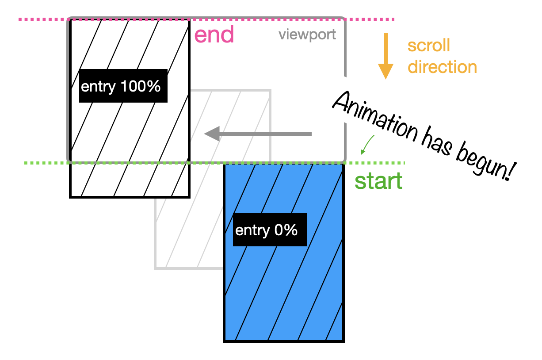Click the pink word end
[214, 35]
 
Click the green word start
[379, 181]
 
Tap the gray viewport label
[307, 35]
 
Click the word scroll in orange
[428, 46]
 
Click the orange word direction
[442, 67]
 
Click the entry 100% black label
[123, 86]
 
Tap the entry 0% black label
[269, 230]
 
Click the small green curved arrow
[367, 145]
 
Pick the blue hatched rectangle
[284, 287]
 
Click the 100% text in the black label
[140, 87]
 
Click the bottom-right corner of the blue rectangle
[343, 341]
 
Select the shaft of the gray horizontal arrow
[265, 134]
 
